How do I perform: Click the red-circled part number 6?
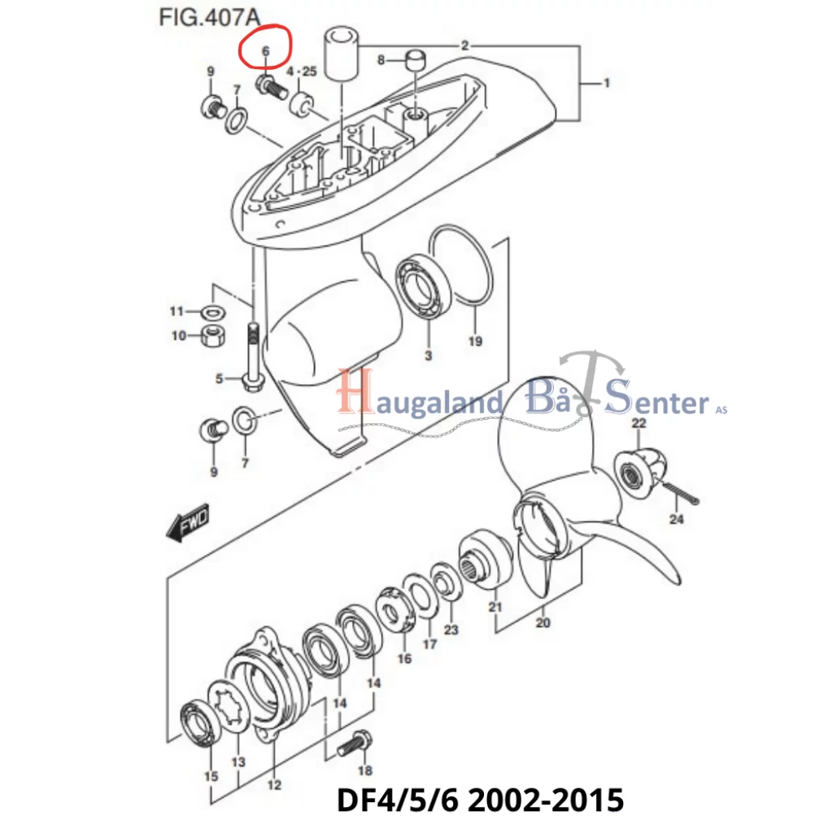click(x=266, y=51)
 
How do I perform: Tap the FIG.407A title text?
click(x=210, y=18)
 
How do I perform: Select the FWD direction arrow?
click(x=188, y=523)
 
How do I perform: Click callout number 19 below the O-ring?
click(x=475, y=341)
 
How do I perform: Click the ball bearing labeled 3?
click(x=424, y=287)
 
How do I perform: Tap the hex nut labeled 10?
click(x=215, y=336)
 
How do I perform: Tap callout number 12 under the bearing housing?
click(x=274, y=785)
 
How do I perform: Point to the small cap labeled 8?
click(x=416, y=59)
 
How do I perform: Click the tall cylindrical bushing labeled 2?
click(x=342, y=56)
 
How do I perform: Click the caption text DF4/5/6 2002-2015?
click(x=480, y=800)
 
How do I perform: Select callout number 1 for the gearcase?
click(x=607, y=83)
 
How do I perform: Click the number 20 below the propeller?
click(x=543, y=622)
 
